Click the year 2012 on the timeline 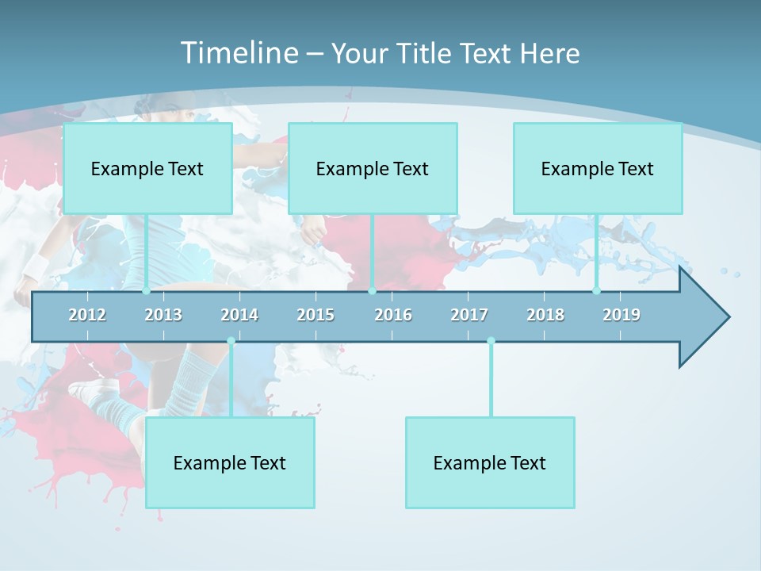[x=87, y=315]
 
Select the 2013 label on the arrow [x=163, y=315]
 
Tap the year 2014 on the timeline [x=239, y=315]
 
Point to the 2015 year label [x=315, y=315]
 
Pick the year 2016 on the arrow [x=393, y=315]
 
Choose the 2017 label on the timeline [x=469, y=315]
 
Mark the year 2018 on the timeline [x=545, y=315]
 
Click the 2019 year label [x=621, y=315]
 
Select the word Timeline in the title [x=238, y=53]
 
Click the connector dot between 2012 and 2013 [x=146, y=291]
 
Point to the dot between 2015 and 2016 [x=373, y=291]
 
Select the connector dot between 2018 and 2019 [x=597, y=291]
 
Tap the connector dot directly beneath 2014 [x=231, y=341]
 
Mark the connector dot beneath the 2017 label [x=491, y=341]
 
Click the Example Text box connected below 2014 [x=230, y=462]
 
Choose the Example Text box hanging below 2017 [x=490, y=462]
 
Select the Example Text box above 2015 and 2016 [x=373, y=168]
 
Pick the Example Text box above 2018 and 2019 [x=598, y=168]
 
